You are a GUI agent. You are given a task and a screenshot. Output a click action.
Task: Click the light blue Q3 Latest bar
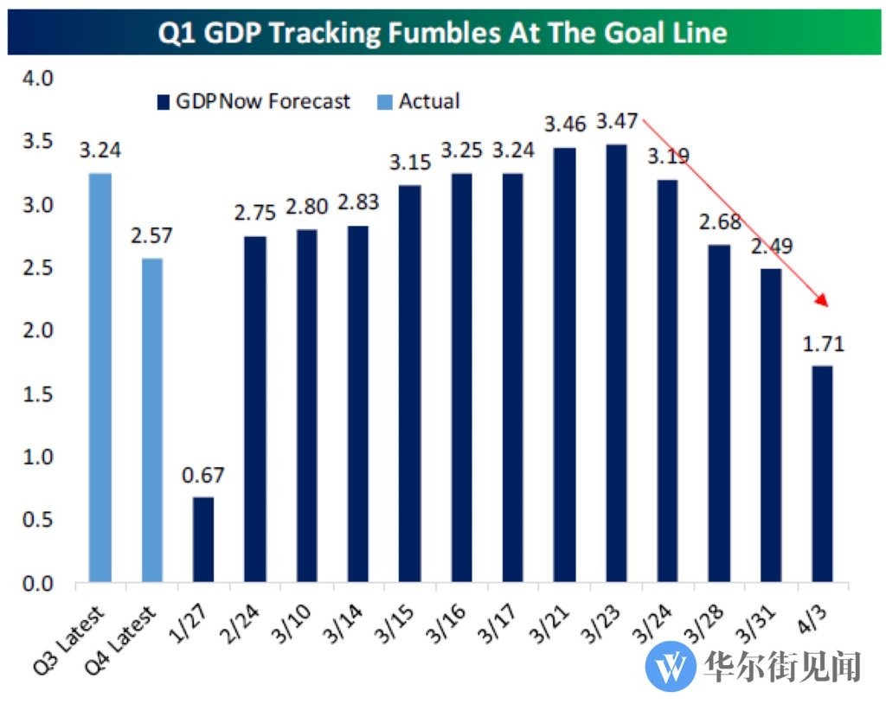[x=100, y=378]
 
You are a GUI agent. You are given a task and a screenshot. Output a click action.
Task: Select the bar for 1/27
[x=202, y=540]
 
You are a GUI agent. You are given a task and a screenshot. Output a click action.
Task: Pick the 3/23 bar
[x=615, y=363]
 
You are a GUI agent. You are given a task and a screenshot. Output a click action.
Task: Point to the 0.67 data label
[x=202, y=475]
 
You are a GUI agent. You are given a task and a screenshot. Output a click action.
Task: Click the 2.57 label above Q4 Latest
[x=151, y=235]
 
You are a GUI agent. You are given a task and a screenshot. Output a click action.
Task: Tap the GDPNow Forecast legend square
[x=163, y=102]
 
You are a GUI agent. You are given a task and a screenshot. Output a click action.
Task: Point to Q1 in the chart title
[x=178, y=33]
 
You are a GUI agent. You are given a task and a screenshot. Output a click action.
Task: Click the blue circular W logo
[x=671, y=666]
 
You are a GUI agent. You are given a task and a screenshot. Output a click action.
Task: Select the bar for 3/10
[x=305, y=407]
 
